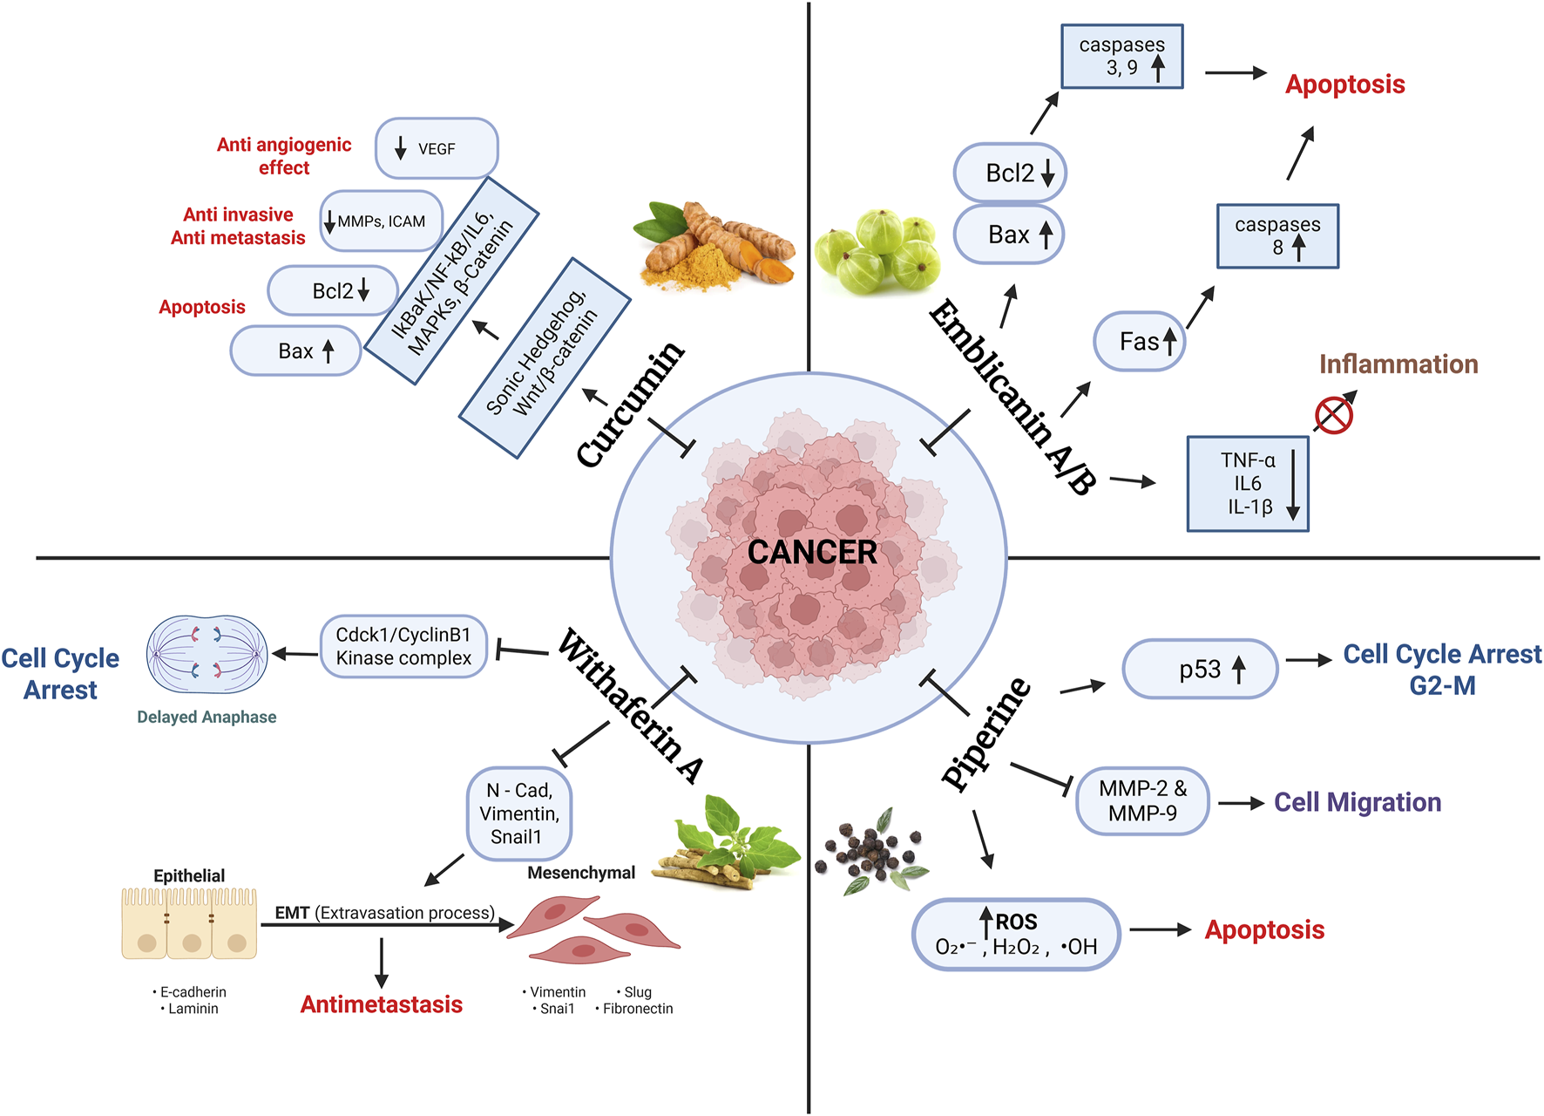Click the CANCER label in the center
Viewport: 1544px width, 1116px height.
[812, 552]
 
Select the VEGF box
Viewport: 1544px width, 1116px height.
[437, 149]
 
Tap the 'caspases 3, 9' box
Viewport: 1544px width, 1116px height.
[1121, 57]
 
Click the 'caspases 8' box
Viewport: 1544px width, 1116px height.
[1277, 236]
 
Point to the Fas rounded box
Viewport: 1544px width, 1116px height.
[1140, 342]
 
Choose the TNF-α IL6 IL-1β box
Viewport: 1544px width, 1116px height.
[1248, 484]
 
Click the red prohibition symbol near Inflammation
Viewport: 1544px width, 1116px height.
[1333, 414]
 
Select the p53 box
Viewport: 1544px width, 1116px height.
[1200, 670]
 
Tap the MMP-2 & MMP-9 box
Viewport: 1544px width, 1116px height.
[1142, 801]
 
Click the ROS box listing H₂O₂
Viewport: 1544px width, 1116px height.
[1016, 935]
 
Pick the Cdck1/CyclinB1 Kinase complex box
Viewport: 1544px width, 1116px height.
[403, 647]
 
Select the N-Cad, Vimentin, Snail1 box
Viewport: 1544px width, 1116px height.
[519, 813]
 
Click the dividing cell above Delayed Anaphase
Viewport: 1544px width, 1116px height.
[207, 655]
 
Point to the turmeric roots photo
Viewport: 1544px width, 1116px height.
[714, 244]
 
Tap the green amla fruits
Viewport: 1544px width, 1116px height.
[878, 251]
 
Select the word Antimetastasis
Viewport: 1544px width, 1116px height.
[381, 1004]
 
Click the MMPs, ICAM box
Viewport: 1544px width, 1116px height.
[382, 221]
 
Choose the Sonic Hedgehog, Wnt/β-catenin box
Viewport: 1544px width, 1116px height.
[545, 357]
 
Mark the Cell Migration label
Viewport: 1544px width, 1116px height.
[1357, 802]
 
